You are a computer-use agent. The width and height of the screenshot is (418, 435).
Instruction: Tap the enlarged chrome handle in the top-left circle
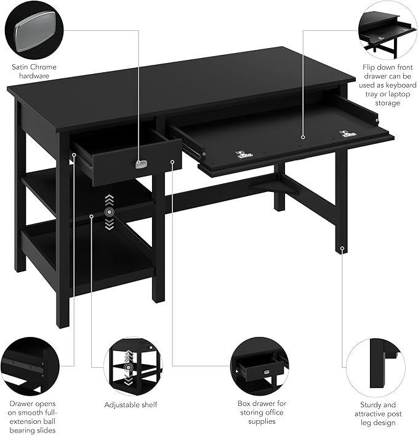34,31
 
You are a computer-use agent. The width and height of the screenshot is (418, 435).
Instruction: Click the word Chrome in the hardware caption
43,67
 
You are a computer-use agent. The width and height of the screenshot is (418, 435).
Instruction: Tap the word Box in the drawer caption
244,403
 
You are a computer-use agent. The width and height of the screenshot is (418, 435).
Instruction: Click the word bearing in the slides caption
22,430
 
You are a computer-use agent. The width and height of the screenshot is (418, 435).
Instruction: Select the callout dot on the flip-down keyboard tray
303,137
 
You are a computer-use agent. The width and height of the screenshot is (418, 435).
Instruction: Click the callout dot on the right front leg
342,248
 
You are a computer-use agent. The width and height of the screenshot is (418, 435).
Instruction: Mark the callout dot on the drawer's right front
172,162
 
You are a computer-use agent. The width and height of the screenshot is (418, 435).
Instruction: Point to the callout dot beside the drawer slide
74,155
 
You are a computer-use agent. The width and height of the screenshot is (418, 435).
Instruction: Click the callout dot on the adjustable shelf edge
91,217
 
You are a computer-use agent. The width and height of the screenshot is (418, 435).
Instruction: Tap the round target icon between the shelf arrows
110,212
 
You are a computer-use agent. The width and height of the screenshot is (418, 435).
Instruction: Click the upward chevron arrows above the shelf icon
110,200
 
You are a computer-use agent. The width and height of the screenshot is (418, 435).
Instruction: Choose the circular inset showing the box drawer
259,367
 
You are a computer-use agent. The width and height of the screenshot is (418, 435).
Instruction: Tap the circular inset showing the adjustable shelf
134,367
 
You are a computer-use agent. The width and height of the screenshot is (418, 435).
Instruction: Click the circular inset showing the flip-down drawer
388,30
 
